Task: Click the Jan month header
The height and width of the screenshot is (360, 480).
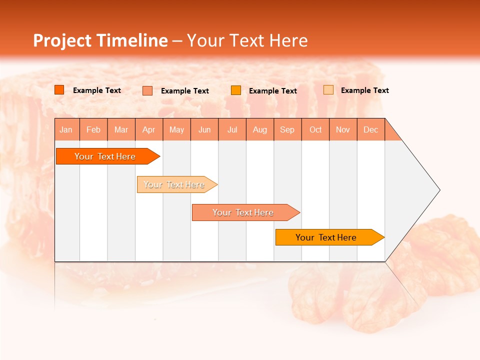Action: point(66,129)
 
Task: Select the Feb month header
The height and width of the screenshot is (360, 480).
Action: point(93,129)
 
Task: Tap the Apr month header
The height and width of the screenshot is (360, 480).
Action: point(149,129)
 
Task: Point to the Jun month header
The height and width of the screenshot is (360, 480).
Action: point(204,129)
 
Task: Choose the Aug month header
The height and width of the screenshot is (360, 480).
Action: point(260,129)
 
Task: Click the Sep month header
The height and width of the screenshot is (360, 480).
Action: point(287,129)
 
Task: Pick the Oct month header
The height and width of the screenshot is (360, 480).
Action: point(315,129)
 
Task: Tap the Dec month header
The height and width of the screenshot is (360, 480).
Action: point(371,129)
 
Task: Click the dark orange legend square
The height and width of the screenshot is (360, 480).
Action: point(59,90)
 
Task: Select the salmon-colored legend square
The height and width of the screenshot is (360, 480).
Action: point(147,90)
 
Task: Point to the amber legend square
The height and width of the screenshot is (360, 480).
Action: point(236,90)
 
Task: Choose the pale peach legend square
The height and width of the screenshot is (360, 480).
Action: point(328,90)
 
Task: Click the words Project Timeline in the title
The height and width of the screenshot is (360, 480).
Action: point(100,40)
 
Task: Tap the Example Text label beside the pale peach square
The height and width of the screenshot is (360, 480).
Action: point(364,90)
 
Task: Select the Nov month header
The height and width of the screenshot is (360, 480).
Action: point(343,129)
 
